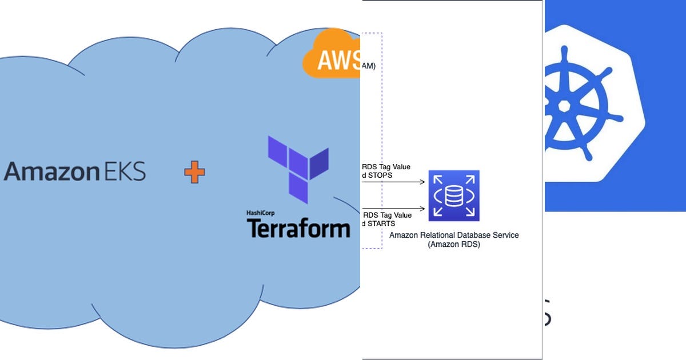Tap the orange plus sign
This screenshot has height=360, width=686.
[194, 172]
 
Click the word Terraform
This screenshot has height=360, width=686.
[298, 228]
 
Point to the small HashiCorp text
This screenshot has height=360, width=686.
[261, 213]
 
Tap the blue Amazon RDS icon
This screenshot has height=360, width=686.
[454, 195]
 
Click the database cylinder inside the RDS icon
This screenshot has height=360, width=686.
[454, 196]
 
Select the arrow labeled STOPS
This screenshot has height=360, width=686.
[400, 182]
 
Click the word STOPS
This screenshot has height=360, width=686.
[381, 175]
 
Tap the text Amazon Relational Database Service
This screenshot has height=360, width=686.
[454, 235]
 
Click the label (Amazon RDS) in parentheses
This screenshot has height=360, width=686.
[454, 245]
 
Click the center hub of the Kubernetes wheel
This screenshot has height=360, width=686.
[564, 106]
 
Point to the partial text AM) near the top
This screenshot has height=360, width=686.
[369, 66]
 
